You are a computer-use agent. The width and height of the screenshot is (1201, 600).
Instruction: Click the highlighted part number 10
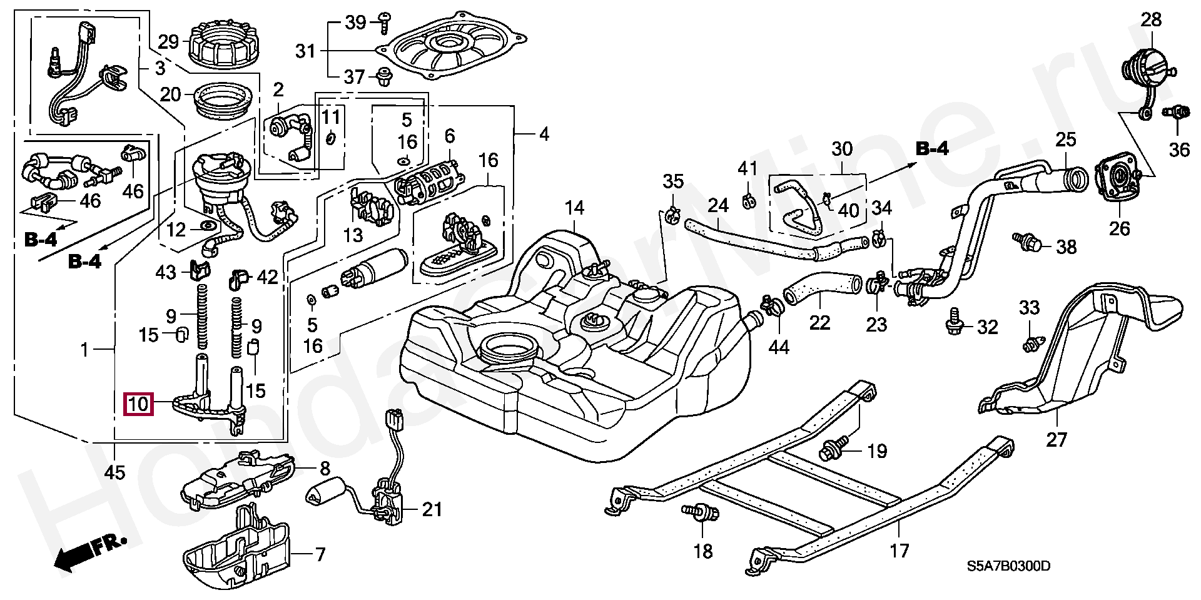pos(138,404)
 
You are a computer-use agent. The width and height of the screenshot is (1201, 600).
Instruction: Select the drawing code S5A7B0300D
pos(1008,566)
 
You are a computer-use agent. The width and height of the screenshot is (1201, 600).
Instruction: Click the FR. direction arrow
pos(88,553)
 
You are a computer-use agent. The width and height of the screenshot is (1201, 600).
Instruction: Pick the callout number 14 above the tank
pos(574,208)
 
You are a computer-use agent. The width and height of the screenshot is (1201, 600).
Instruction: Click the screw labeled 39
pos(384,23)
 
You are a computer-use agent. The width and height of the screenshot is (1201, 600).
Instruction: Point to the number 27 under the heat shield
pos(1056,440)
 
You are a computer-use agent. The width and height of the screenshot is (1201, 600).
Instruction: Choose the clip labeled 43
pos(199,270)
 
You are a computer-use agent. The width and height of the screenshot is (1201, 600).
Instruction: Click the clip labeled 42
pos(238,279)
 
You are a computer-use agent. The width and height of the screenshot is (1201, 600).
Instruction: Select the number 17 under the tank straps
pos(899,551)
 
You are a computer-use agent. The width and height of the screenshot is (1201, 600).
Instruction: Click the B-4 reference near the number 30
pos(932,148)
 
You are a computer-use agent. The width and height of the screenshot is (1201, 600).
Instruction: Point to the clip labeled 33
pos(1032,344)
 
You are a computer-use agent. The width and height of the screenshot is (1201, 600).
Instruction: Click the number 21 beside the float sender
pos(432,509)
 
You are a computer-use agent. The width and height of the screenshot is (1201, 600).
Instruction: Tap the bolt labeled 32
pos(955,322)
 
